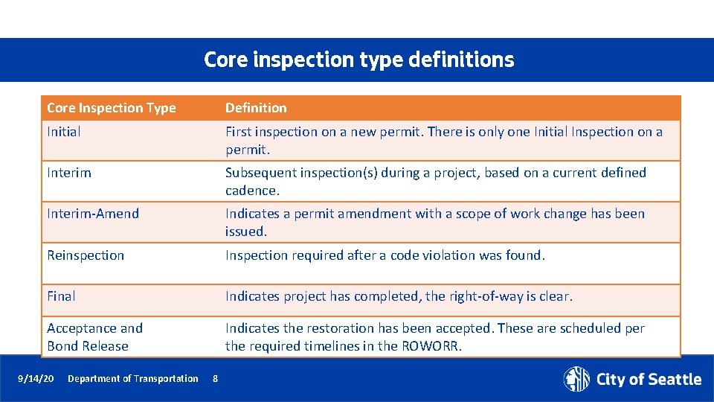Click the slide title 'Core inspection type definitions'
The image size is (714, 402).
coord(358,60)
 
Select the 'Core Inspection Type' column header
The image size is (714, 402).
coord(112,108)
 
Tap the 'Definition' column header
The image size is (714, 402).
coord(256,108)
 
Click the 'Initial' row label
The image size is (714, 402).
coord(64,132)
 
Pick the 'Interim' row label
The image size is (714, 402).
coord(69,173)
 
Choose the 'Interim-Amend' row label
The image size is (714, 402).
coord(93,214)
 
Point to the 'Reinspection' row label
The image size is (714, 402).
coord(86,255)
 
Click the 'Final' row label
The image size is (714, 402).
coord(61,296)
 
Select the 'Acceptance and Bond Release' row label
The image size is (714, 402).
coord(94,337)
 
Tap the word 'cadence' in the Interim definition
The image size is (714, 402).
coord(251,191)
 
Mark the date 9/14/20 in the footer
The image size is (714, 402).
coord(36,379)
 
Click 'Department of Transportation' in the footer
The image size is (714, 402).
coord(133,379)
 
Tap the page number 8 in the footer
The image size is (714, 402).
coord(215,379)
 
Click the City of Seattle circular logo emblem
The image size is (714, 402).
coord(576,379)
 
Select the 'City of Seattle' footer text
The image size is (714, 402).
coord(649,380)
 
